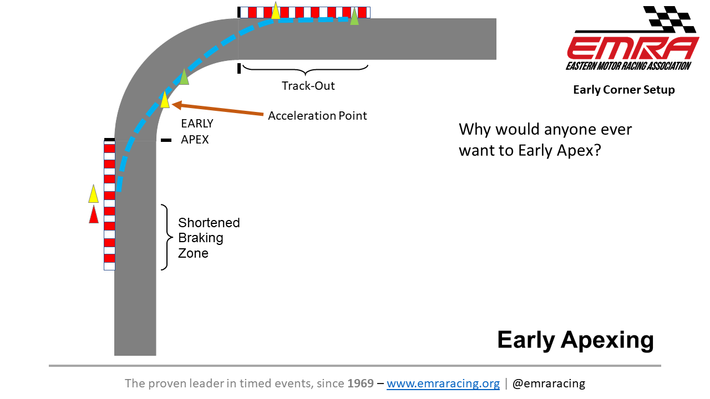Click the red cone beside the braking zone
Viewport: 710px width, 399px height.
click(94, 214)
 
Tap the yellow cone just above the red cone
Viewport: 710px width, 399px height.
click(94, 194)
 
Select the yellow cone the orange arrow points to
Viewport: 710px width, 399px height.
click(165, 100)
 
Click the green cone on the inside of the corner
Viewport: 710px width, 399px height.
click(184, 77)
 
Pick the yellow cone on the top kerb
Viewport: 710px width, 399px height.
click(276, 11)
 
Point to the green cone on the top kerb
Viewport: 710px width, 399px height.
click(354, 17)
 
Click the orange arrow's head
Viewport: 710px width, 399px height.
click(177, 105)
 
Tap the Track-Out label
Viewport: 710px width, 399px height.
click(308, 86)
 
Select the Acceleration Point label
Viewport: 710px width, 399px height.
click(317, 116)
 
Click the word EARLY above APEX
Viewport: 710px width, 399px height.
click(197, 124)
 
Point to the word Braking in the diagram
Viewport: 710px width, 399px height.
click(201, 238)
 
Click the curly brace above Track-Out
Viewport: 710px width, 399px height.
click(305, 70)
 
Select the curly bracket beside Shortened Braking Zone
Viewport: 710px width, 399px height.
click(167, 237)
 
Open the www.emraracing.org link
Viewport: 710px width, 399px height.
click(443, 383)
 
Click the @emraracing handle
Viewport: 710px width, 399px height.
click(549, 383)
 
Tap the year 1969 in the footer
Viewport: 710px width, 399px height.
click(361, 383)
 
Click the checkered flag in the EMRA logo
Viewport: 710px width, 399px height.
click(669, 19)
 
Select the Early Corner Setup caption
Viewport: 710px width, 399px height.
click(624, 90)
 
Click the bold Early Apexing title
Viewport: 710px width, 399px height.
click(576, 340)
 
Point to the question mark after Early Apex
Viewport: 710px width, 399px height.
click(597, 150)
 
